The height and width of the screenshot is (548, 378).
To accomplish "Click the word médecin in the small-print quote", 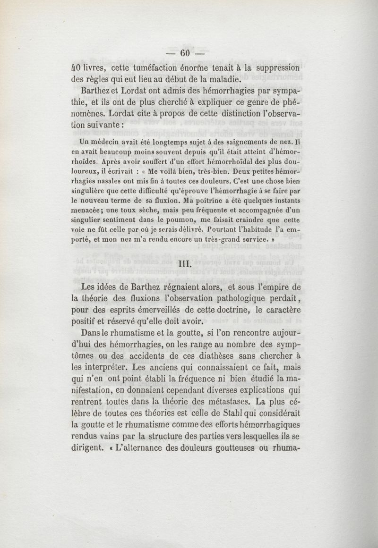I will click(109, 141).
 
